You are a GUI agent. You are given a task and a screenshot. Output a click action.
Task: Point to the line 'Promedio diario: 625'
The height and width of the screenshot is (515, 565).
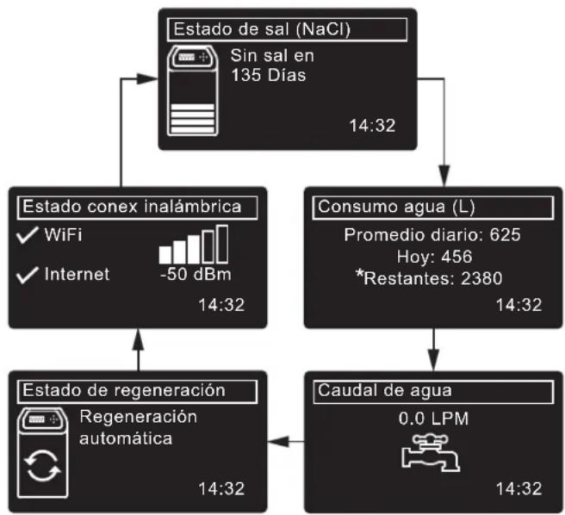[x=432, y=234]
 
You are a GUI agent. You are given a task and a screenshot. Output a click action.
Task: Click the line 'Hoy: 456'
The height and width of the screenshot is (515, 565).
[x=432, y=256]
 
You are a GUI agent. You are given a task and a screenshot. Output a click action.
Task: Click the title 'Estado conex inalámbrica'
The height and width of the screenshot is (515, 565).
[x=130, y=207]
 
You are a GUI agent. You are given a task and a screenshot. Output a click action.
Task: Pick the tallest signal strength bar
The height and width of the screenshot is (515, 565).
[x=221, y=243]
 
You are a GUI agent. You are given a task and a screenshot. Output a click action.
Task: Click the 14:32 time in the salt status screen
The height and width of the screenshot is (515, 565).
[x=371, y=126]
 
